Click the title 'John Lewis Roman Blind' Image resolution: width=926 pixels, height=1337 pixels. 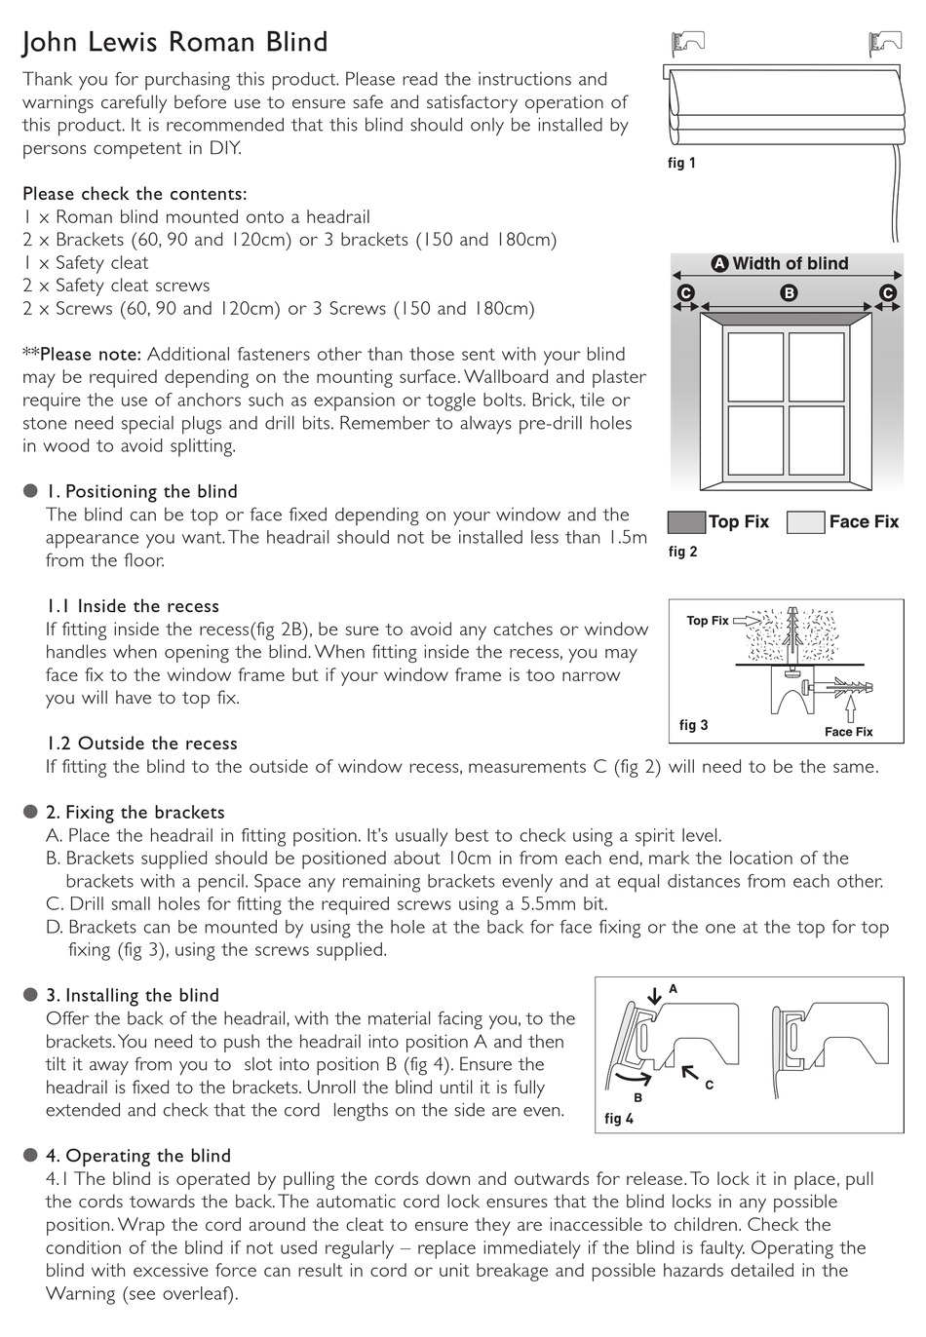[175, 42]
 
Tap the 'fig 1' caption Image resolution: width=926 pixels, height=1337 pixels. [681, 163]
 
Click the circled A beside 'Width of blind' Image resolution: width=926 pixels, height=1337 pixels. [720, 264]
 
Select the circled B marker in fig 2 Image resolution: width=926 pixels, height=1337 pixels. [790, 292]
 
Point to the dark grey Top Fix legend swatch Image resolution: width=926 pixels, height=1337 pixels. [686, 522]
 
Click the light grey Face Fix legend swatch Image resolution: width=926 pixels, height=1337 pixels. [805, 522]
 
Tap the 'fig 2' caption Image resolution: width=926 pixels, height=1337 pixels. [682, 552]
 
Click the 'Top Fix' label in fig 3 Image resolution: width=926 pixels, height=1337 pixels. [707, 621]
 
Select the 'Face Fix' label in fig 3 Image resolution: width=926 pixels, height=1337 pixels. [848, 732]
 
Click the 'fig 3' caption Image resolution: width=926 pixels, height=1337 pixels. [693, 725]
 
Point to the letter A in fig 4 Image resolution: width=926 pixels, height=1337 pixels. [673, 989]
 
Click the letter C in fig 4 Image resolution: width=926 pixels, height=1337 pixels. [709, 1085]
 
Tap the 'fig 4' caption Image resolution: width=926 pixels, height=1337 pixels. [619, 1119]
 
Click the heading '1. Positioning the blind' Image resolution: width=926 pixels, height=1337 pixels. [141, 492]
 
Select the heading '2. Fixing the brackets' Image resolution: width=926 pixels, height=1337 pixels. [135, 813]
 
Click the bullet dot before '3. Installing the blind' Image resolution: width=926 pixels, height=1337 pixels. [30, 995]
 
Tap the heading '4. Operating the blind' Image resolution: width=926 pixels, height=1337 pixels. [138, 1156]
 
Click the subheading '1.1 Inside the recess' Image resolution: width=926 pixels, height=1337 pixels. [133, 606]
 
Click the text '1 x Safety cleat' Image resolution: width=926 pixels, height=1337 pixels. [86, 262]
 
